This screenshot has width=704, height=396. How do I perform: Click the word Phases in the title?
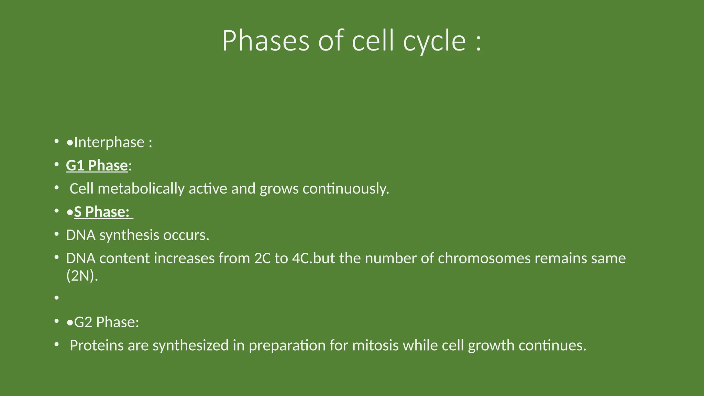[265, 41]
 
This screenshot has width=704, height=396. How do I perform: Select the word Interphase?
[109, 142]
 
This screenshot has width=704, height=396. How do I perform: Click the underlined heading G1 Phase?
[97, 165]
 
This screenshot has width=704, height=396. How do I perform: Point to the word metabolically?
[141, 189]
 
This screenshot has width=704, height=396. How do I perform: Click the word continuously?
[345, 189]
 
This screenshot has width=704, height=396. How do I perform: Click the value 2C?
[263, 258]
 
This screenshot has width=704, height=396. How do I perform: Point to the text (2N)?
[82, 276]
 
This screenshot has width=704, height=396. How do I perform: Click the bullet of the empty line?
[57, 298]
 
